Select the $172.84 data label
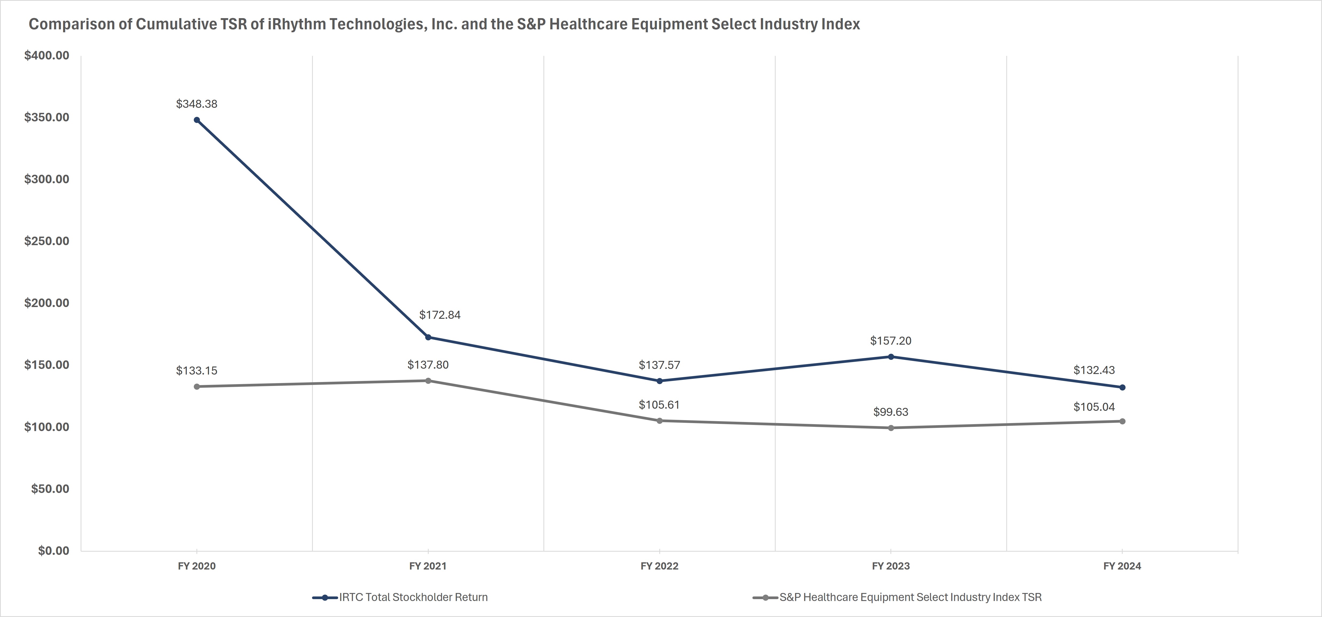440,315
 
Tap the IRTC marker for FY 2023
891,356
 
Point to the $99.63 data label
891,412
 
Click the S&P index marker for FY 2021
428,381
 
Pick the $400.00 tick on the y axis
47,55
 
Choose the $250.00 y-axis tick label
47,241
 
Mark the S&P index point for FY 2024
1122,421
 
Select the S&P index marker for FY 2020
196,386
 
